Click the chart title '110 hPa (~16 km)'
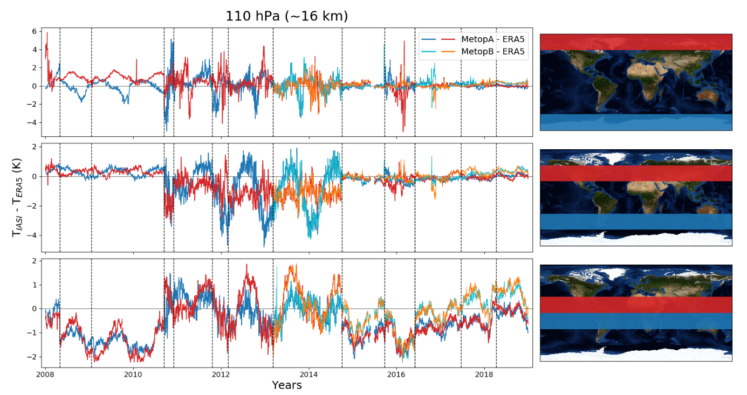pos(286,17)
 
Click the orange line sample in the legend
pos(449,52)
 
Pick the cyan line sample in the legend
pos(429,52)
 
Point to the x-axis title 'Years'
pos(286,385)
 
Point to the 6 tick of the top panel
pos(35,31)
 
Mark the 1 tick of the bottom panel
pos(35,285)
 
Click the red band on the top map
pos(636,42)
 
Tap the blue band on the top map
pos(636,122)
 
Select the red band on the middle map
pos(636,173)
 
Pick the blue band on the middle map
pos(636,221)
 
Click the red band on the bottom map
pos(636,304)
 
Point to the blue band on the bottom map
pos(636,321)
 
